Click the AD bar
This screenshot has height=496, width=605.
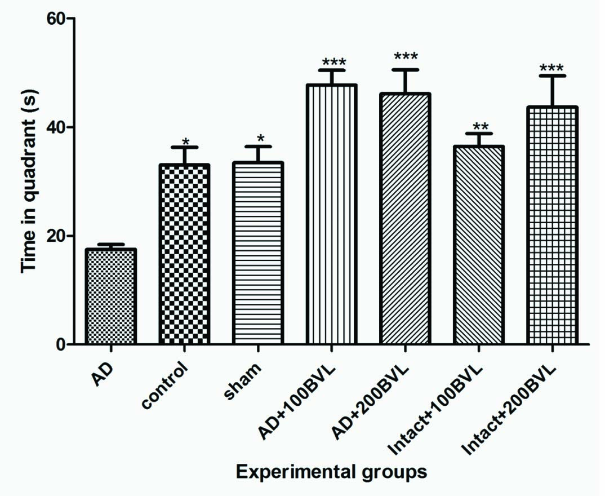pyautogui.click(x=110, y=296)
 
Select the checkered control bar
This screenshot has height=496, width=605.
pyautogui.click(x=184, y=254)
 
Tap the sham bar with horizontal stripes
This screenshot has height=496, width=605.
pyautogui.click(x=258, y=253)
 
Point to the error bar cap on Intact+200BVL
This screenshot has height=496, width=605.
pyautogui.click(x=552, y=76)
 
